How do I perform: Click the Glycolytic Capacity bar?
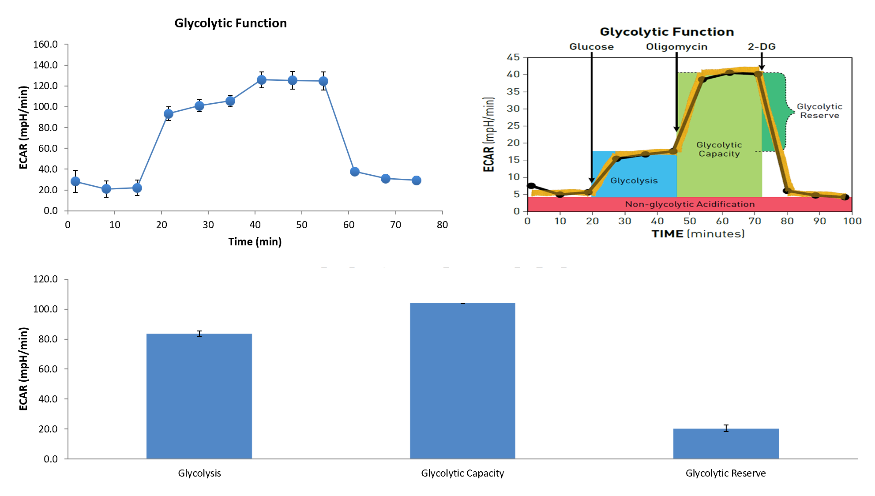pos(462,380)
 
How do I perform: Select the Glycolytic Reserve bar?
pos(726,443)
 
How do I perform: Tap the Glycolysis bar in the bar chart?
pos(199,396)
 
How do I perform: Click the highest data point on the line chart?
pos(262,80)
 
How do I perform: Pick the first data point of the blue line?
pos(75,181)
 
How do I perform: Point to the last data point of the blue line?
pos(417,180)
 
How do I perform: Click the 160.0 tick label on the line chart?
pos(45,44)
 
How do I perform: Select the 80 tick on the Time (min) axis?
pos(442,225)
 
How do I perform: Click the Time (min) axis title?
pos(255,242)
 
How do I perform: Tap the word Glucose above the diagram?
pos(591,47)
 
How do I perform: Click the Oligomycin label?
pos(676,47)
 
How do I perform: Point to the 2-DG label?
pos(762,47)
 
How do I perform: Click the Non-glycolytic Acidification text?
pos(690,204)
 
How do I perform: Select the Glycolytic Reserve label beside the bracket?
pos(819,111)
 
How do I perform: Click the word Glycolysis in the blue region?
pos(634,180)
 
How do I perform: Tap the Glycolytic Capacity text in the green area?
pos(719,149)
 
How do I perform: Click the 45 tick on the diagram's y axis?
pos(513,57)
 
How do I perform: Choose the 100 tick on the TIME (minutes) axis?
pos(852,221)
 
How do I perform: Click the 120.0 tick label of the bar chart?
pos(45,279)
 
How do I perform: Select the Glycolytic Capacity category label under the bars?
pos(462,473)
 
